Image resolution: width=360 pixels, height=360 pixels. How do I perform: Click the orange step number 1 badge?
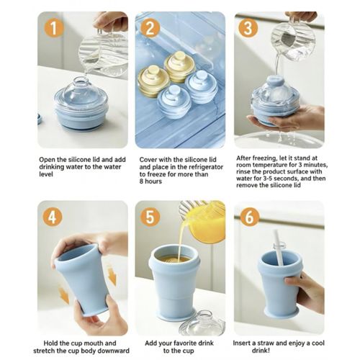click(x=54, y=28)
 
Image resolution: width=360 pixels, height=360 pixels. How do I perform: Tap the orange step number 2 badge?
click(x=150, y=28)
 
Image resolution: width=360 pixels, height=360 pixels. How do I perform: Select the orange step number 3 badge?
click(x=248, y=27)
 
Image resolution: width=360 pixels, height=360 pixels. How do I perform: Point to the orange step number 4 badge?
click(x=53, y=217)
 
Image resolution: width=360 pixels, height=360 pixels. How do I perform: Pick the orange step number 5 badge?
click(x=150, y=217)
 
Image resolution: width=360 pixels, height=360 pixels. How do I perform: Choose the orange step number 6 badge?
click(x=250, y=217)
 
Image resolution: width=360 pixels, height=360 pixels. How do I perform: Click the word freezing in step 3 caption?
click(x=260, y=158)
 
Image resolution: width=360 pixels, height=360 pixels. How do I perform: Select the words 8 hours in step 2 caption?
click(x=150, y=181)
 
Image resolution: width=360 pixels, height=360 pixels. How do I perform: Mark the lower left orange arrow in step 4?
click(x=64, y=294)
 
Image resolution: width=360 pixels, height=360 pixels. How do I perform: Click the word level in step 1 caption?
click(x=46, y=174)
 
